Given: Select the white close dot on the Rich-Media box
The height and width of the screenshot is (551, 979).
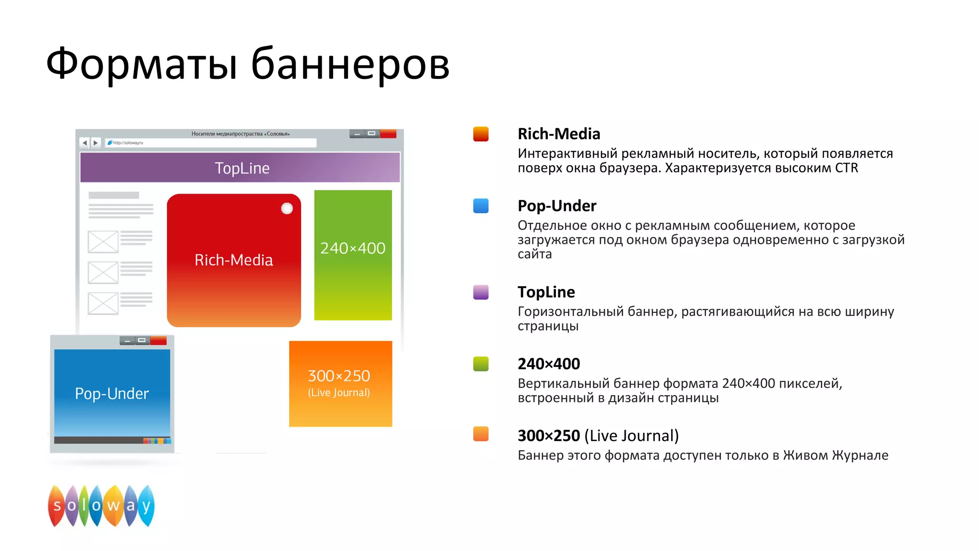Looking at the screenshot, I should [x=287, y=209].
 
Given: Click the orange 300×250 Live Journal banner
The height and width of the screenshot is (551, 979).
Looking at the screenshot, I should [x=340, y=384].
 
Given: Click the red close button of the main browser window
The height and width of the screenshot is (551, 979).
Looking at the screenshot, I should [x=388, y=134].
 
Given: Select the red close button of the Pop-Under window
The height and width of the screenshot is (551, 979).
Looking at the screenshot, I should [x=158, y=341].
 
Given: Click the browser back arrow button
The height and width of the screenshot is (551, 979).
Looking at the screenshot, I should [x=85, y=143].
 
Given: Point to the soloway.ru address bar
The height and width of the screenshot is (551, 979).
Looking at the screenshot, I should [x=210, y=143].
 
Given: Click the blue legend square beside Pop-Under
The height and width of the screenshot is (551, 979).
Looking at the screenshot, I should [x=480, y=206].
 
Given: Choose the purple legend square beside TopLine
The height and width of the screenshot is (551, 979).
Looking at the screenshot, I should [x=480, y=292].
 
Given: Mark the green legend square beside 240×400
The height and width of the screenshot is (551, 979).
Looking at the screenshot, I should [x=480, y=364].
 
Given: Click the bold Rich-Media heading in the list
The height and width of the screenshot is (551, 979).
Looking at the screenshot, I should [x=558, y=134].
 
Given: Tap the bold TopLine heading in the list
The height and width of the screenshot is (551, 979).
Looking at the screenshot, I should [x=546, y=292].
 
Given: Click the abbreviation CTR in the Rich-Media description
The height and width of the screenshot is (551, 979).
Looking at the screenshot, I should [x=846, y=168].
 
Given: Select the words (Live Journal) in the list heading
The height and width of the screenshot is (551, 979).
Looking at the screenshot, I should [x=631, y=436].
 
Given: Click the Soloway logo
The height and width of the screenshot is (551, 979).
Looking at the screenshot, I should [x=101, y=506].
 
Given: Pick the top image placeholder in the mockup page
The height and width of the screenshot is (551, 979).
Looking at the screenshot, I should [x=103, y=242].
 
